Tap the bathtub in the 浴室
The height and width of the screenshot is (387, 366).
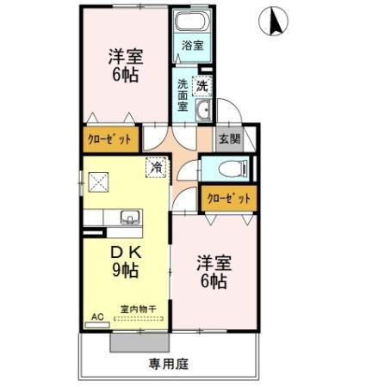coord(191,23)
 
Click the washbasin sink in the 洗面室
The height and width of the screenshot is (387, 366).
coord(202,111)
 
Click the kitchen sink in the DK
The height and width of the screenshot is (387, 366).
coord(129,218)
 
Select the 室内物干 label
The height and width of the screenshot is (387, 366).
coord(138,309)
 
